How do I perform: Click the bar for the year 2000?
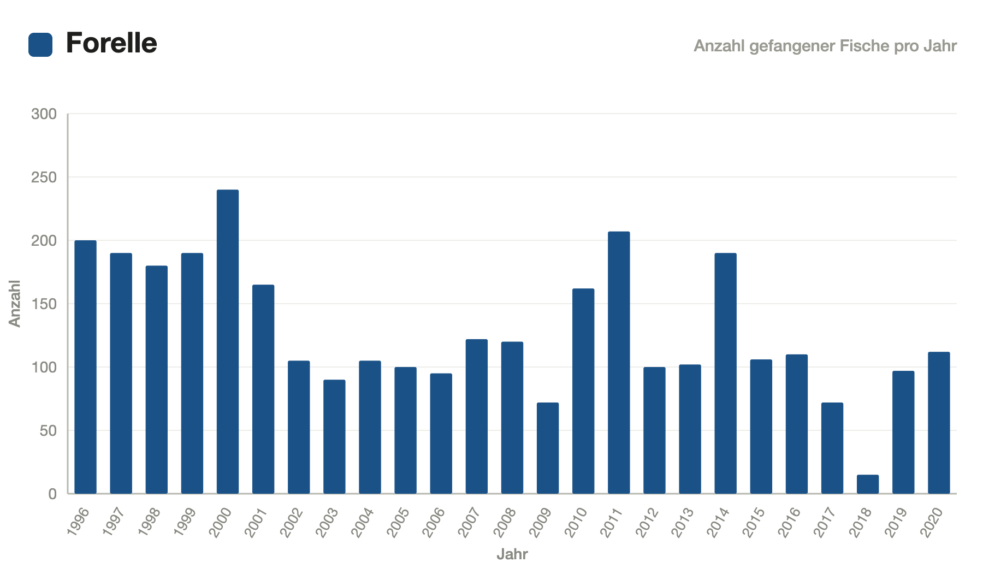pos(228,342)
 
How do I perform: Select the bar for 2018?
pos(868,484)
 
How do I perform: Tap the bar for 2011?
pos(619,363)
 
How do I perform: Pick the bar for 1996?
pos(86,367)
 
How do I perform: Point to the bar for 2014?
pos(726,374)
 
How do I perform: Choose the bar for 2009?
pos(548,448)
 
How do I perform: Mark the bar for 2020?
pos(939,423)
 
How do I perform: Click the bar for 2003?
pos(334,437)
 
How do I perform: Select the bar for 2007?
pos(477,417)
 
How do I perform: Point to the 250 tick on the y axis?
pos(44,177)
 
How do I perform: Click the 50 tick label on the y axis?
pos(49,431)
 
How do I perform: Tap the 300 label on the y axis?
pos(44,114)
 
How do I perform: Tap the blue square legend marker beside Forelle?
pos(40,45)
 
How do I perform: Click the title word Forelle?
pos(111,43)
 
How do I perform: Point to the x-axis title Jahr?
pos(512,554)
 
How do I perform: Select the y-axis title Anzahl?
pos(15,304)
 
